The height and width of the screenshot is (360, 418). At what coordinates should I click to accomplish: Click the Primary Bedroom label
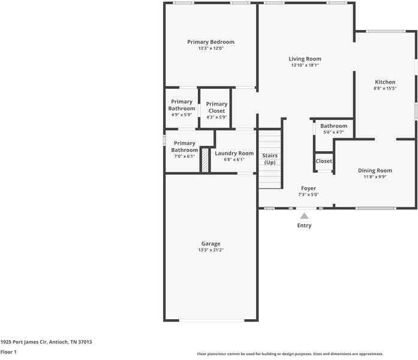tap(210, 42)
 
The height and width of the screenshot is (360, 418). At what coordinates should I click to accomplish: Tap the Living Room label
tap(305, 59)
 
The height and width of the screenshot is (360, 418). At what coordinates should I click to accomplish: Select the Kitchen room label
tap(385, 82)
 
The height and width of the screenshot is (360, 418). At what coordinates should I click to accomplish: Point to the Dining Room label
tap(375, 170)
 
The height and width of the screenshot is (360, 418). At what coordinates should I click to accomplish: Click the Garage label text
tap(210, 244)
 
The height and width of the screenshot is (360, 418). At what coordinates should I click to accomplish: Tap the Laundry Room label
tap(234, 154)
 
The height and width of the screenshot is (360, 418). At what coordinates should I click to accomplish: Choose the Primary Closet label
tap(216, 107)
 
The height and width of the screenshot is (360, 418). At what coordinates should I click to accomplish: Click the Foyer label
tap(308, 188)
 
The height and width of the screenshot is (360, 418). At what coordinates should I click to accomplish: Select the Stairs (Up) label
tap(270, 159)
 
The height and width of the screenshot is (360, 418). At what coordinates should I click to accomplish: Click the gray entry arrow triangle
tap(304, 216)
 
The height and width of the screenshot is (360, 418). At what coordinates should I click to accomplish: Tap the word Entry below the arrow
tap(304, 226)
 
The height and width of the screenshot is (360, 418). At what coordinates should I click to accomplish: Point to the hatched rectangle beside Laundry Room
tap(205, 161)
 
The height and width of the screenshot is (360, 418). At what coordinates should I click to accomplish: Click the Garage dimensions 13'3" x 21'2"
tap(210, 250)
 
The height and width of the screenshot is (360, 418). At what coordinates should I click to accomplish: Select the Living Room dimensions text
tap(305, 65)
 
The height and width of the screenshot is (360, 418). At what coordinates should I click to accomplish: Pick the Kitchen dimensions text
tap(385, 88)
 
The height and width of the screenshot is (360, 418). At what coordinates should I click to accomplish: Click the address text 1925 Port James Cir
tap(23, 342)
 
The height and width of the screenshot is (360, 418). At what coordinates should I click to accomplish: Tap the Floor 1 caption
tap(8, 352)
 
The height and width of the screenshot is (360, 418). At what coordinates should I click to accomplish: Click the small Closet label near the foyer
tap(324, 161)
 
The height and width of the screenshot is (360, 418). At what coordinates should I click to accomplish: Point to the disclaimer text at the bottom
tap(290, 354)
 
